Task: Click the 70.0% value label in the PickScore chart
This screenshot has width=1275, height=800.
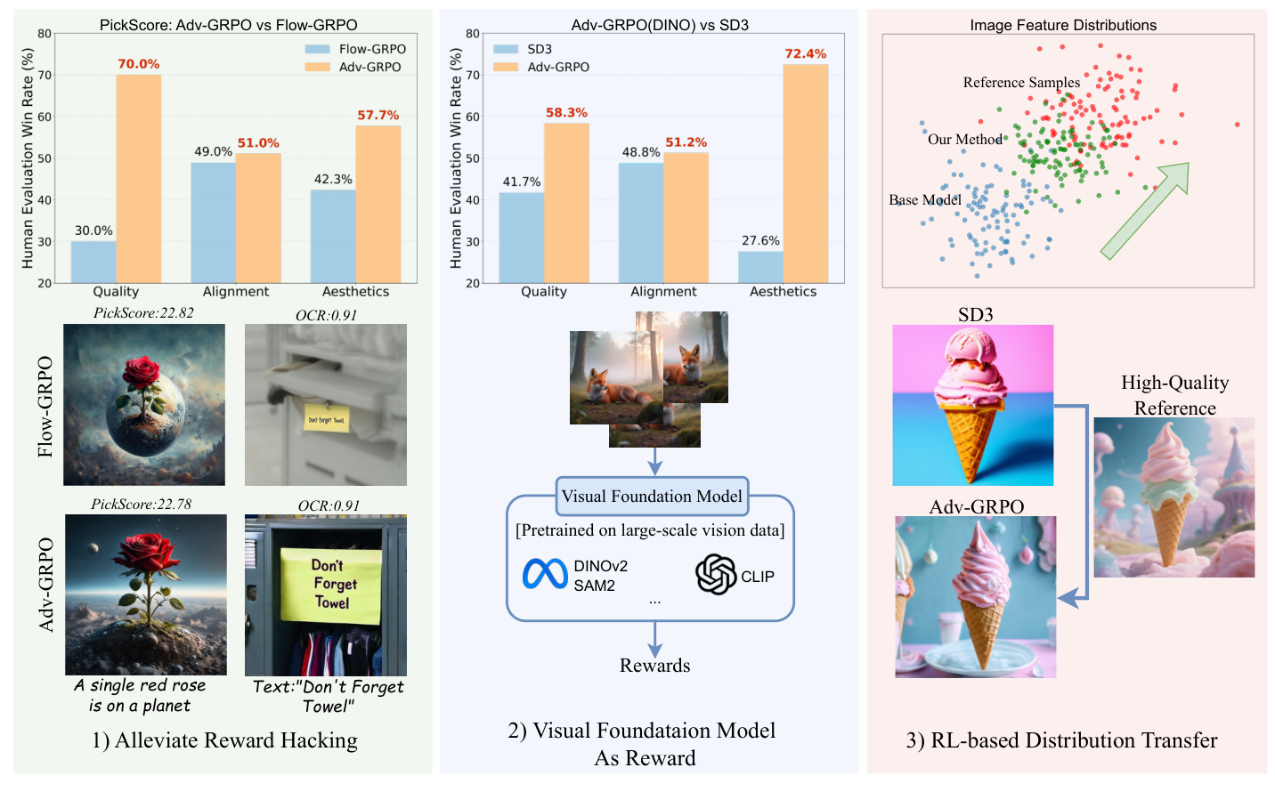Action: tap(138, 64)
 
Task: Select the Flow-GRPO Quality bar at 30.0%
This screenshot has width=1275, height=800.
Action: tap(93, 262)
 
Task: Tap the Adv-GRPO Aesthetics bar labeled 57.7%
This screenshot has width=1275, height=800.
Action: tap(378, 204)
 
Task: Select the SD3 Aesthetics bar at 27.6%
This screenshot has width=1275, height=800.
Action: tap(760, 267)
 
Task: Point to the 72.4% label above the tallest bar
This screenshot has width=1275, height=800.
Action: tap(805, 53)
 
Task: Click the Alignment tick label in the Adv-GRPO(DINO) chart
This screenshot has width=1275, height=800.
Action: tap(663, 292)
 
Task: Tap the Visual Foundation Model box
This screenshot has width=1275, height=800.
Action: tap(652, 497)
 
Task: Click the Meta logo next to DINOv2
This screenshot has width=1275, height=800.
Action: tap(545, 575)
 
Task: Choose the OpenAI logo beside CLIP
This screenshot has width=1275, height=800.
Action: tap(715, 575)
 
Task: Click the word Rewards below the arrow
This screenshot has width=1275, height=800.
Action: tap(654, 666)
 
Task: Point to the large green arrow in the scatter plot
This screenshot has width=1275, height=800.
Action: tap(1145, 210)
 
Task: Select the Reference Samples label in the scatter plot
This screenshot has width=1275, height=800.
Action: tap(1021, 83)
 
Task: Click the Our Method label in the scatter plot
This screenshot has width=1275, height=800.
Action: tap(964, 140)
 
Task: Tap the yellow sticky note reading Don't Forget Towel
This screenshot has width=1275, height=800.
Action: tap(332, 584)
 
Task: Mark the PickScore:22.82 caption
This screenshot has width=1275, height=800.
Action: tap(143, 313)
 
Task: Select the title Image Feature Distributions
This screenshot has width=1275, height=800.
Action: tap(1063, 25)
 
